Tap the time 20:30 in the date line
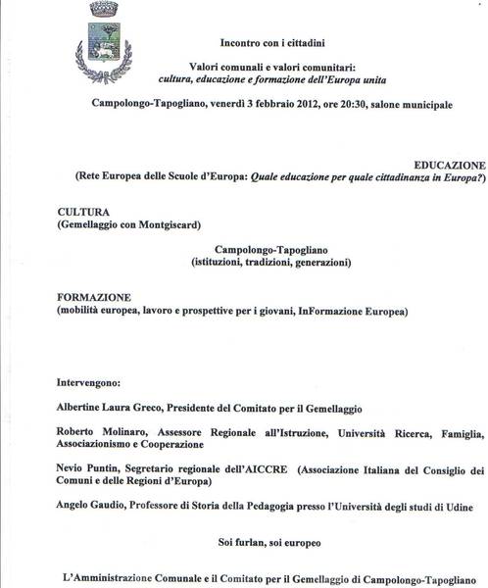(x=355, y=103)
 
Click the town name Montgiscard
(x=167, y=224)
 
